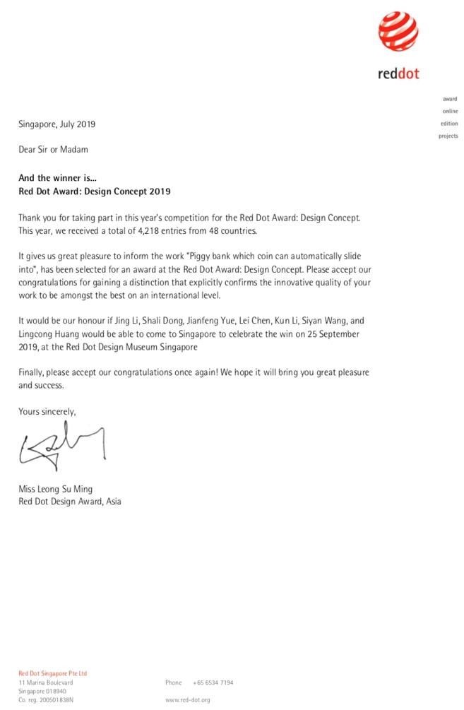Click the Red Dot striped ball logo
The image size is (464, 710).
pyautogui.click(x=398, y=33)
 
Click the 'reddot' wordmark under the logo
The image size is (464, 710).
pyautogui.click(x=398, y=73)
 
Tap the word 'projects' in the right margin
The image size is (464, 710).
pyautogui.click(x=448, y=136)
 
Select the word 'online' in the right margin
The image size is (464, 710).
pyautogui.click(x=450, y=112)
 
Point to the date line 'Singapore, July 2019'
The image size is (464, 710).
pyautogui.click(x=56, y=124)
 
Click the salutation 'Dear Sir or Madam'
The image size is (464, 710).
pyautogui.click(x=53, y=150)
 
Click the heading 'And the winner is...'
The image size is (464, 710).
pyautogui.click(x=59, y=179)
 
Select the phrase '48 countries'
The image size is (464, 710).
pyautogui.click(x=233, y=231)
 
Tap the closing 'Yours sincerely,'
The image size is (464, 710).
pyautogui.click(x=47, y=411)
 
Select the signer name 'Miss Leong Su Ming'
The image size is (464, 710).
pyautogui.click(x=55, y=489)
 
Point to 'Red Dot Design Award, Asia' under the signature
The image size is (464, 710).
pyautogui.click(x=69, y=502)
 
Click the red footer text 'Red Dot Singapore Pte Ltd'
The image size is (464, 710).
pyautogui.click(x=52, y=673)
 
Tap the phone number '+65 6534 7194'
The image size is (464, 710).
pyautogui.click(x=213, y=682)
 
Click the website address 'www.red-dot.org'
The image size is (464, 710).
pyautogui.click(x=187, y=699)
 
